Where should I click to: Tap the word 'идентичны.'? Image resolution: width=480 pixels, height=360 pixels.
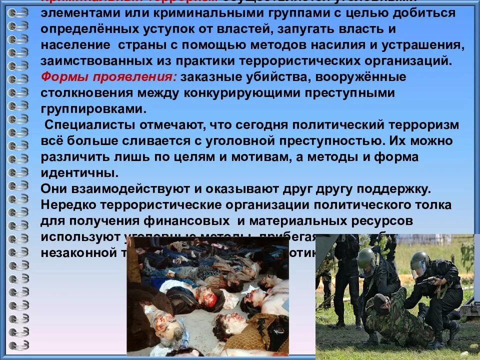click(x=80, y=173)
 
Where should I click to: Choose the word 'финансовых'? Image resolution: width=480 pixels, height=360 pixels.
click(x=188, y=220)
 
